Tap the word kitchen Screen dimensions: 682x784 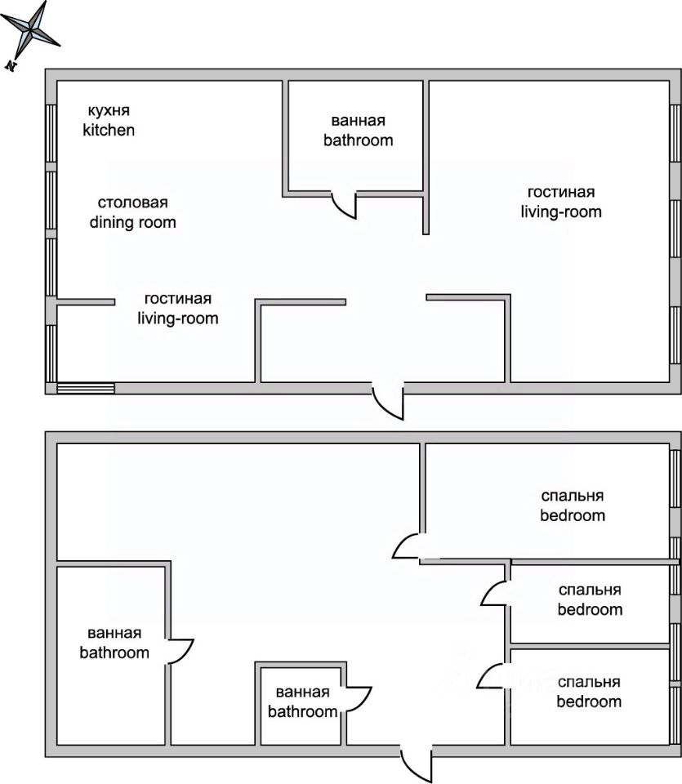(x=109, y=130)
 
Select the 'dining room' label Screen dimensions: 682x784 (x=132, y=221)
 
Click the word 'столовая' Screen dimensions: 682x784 (x=132, y=203)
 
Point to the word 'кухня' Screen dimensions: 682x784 (x=109, y=111)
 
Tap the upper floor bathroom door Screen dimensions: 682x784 (x=346, y=206)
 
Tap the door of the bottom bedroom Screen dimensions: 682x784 (x=492, y=677)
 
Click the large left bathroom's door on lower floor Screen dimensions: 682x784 (x=181, y=652)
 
